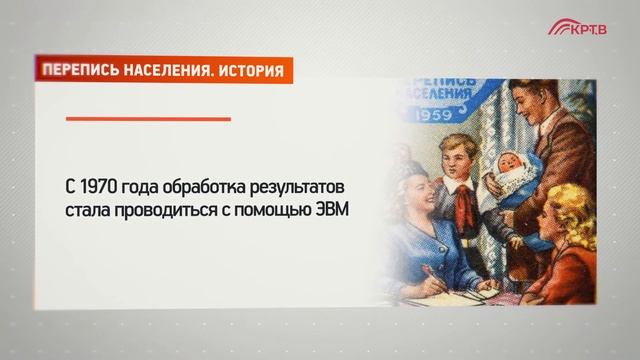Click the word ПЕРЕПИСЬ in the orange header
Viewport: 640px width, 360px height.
click(78, 71)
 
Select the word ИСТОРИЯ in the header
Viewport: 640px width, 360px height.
click(250, 71)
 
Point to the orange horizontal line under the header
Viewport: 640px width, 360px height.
click(148, 119)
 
